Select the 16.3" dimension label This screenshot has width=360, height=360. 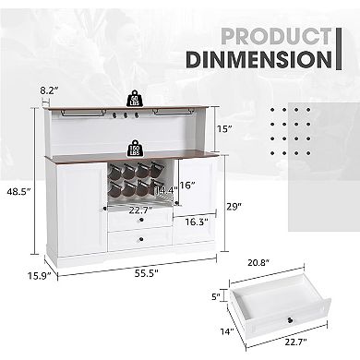[x=192, y=222]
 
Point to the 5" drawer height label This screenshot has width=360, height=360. [x=215, y=297]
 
